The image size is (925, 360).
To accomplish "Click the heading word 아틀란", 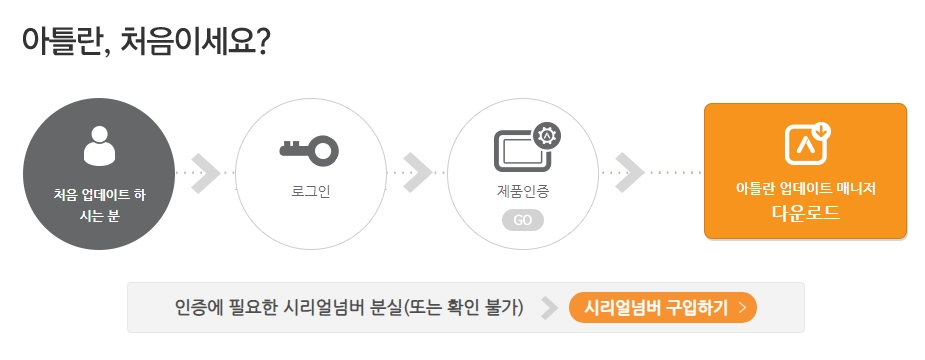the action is pyautogui.click(x=61, y=43).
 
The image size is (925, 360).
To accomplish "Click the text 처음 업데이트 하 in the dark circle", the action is pyautogui.click(x=99, y=192).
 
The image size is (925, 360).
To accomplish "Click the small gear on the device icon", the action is pyautogui.click(x=547, y=135).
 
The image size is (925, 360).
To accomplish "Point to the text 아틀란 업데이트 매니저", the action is pyautogui.click(x=805, y=188).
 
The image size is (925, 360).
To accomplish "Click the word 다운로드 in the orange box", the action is pyautogui.click(x=805, y=212).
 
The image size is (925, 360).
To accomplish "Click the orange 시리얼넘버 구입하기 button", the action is pyautogui.click(x=663, y=307).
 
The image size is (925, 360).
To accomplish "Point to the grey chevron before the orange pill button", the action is pyautogui.click(x=548, y=307).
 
